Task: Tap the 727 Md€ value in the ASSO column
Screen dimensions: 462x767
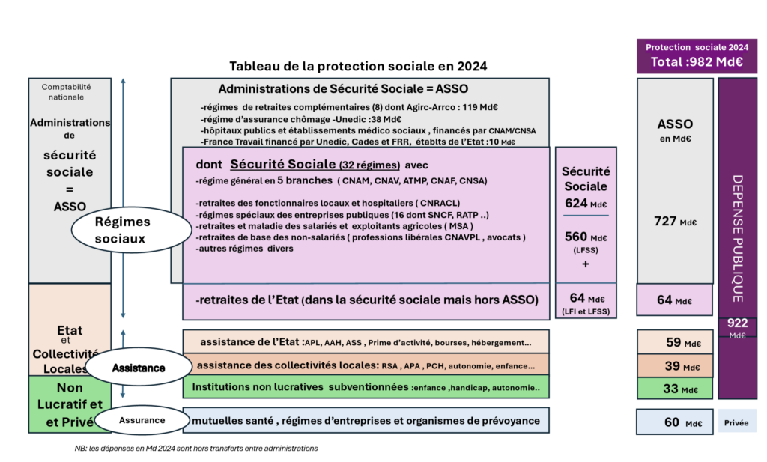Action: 674,221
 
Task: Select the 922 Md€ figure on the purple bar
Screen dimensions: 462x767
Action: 737,327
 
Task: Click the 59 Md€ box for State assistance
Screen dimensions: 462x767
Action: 674,343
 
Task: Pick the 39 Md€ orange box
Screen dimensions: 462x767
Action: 674,366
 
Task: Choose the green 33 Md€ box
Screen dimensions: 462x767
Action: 674,389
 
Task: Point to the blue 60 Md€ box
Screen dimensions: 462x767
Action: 674,422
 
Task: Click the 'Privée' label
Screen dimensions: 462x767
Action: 737,422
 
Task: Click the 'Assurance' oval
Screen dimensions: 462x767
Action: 142,420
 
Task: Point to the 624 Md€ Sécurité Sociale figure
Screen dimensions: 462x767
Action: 586,204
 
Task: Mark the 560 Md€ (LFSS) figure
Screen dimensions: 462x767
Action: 586,238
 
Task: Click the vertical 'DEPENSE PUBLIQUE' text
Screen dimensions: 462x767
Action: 737,238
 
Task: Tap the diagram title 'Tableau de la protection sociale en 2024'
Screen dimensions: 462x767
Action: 358,66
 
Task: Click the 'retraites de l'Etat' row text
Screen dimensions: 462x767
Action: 367,301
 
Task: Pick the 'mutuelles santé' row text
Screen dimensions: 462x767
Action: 366,420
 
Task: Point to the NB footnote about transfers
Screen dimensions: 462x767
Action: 191,448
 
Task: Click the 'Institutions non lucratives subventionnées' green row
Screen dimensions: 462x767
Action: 366,388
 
